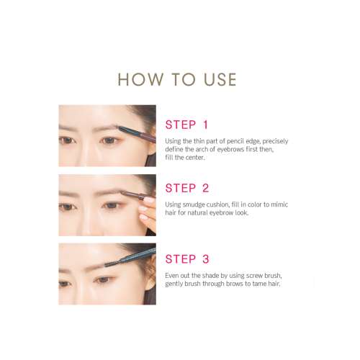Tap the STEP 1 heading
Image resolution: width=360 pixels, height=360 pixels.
(186, 124)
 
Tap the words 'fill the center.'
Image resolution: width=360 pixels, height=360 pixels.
(186, 157)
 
